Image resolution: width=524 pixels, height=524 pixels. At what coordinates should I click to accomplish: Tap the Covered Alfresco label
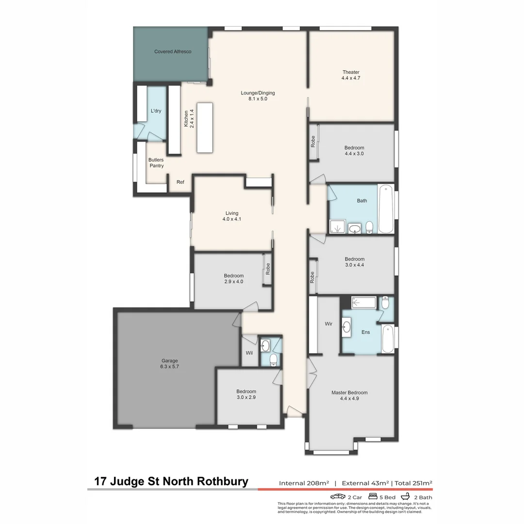[173, 51]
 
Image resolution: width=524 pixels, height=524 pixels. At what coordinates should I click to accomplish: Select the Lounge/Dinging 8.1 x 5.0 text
[254, 96]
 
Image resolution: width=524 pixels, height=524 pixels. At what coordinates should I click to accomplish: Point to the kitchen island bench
[205, 127]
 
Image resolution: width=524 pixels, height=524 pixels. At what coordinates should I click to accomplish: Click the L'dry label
[156, 111]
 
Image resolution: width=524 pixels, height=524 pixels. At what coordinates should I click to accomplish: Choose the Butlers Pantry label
[156, 163]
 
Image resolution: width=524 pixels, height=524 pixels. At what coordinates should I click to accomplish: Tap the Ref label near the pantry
[180, 182]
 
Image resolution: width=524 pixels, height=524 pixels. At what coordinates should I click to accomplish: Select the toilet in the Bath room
[369, 227]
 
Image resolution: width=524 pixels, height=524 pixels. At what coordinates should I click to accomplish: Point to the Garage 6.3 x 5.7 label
[169, 363]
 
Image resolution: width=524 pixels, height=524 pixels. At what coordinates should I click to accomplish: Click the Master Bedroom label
[349, 395]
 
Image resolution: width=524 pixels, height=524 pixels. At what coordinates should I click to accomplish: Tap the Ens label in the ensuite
[366, 332]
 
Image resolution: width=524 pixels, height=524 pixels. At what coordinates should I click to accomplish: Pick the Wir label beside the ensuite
[328, 324]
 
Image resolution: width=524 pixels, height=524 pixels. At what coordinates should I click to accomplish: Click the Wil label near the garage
[249, 353]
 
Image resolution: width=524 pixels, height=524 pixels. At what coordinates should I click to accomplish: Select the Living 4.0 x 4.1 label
[231, 216]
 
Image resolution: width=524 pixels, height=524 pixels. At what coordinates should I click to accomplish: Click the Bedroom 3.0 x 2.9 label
[246, 394]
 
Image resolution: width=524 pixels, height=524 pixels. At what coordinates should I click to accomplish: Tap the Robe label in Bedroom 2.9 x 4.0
[267, 268]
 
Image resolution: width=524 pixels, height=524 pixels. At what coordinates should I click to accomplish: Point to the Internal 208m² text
[304, 483]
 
